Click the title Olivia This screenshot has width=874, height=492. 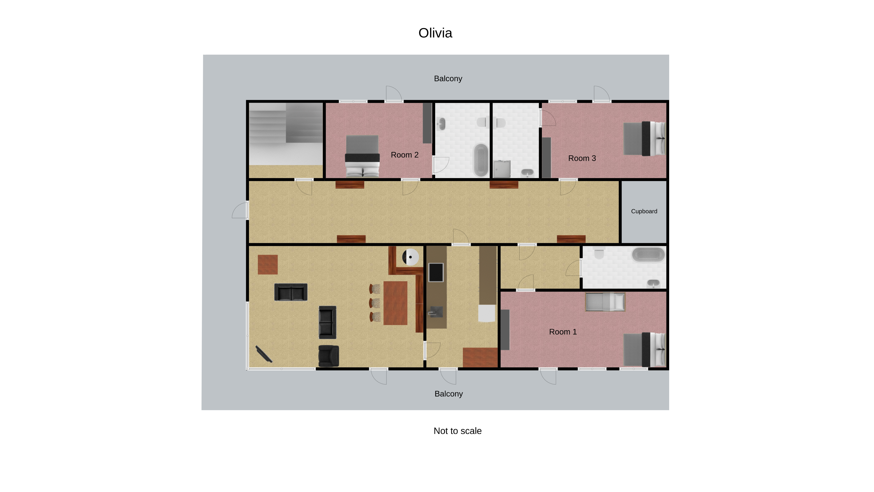pos(435,33)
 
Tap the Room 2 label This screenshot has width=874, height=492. pos(404,155)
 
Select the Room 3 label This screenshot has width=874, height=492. pos(582,158)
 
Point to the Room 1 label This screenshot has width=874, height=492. pos(563,332)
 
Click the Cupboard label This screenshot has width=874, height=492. pos(644,211)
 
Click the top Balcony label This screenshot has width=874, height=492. pos(448,78)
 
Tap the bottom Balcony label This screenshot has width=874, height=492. pos(449,394)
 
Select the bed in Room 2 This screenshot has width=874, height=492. pos(362,156)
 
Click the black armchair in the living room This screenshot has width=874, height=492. pos(328,356)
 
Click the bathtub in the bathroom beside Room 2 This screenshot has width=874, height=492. pos(481,160)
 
